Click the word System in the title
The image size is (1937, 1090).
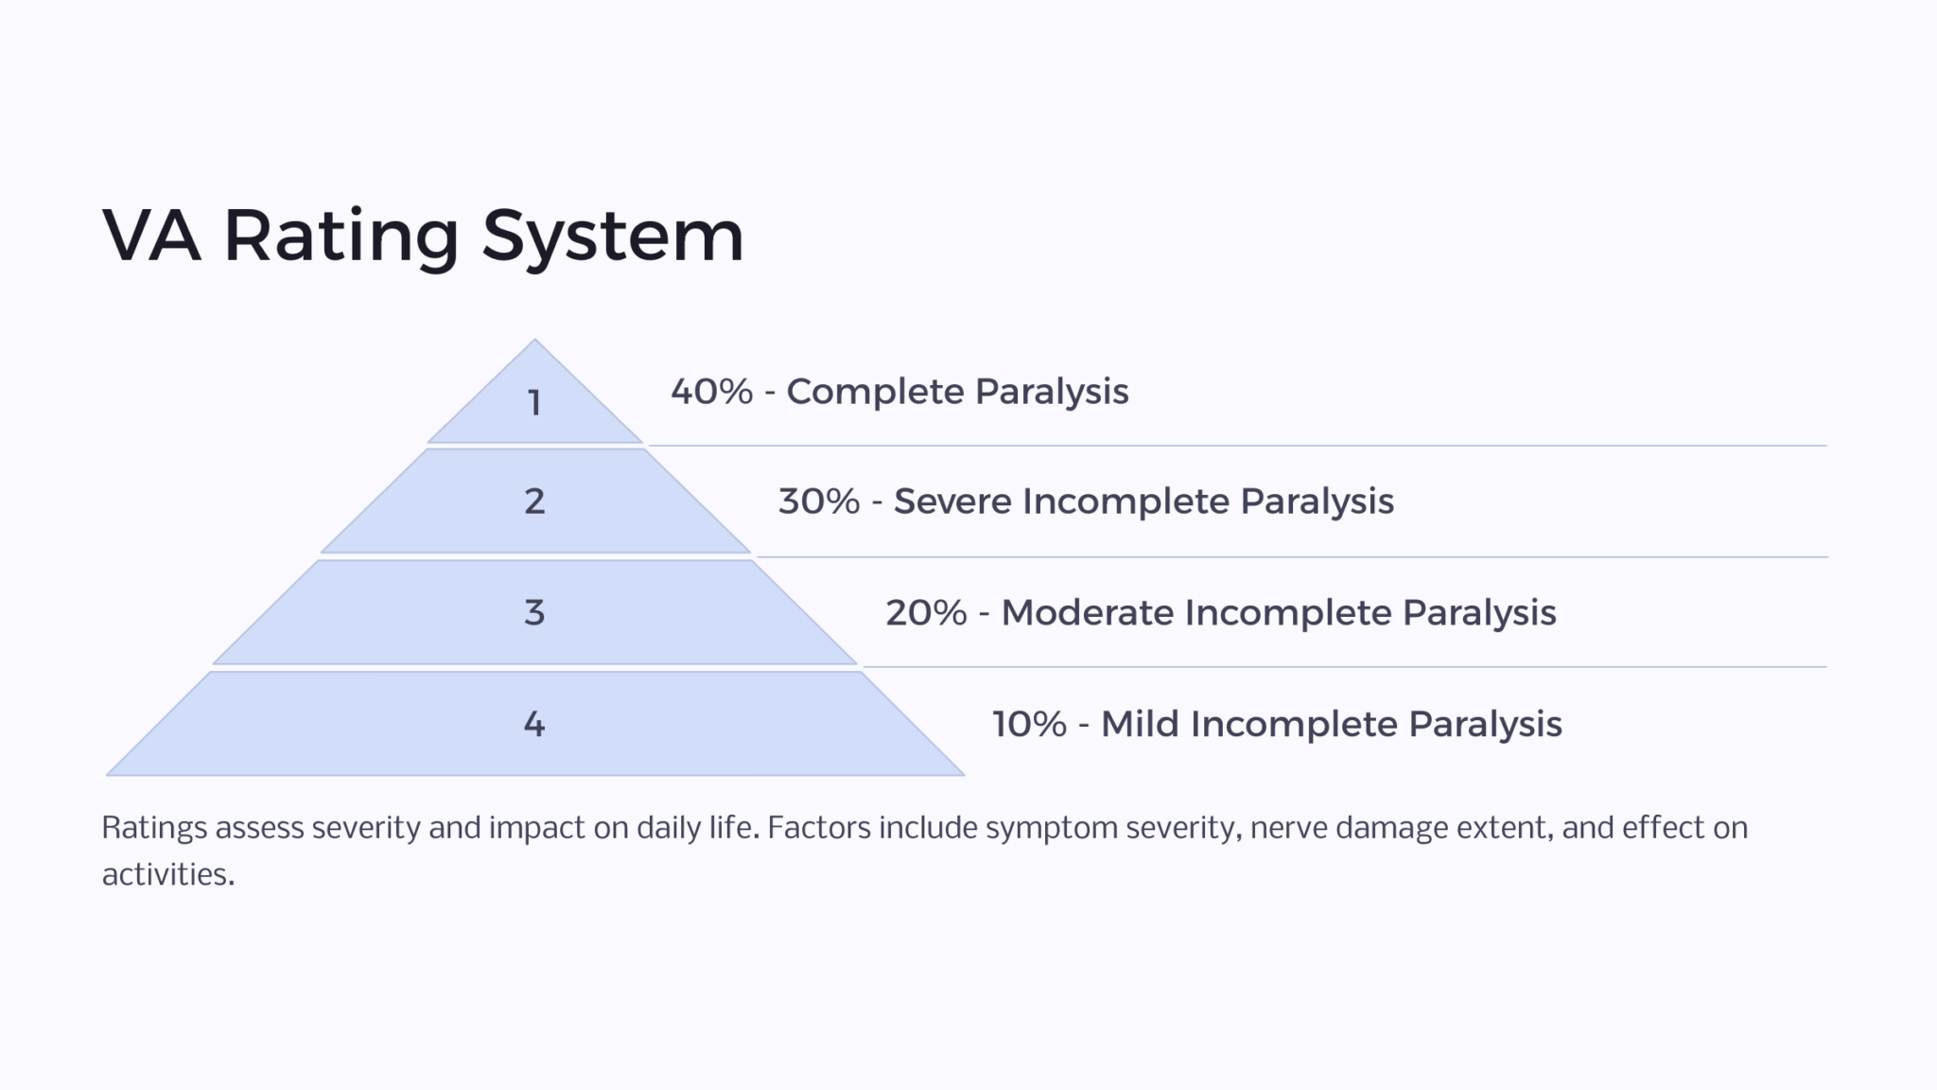[x=613, y=237]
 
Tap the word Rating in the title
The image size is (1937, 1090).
[x=341, y=237]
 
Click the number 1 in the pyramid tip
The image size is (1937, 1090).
[x=534, y=403]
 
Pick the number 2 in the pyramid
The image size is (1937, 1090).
[x=534, y=501]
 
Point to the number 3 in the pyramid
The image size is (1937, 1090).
[x=534, y=613]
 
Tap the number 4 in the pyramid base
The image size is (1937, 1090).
[x=534, y=725]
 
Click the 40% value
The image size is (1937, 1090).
[x=711, y=392]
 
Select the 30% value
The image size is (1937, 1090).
[x=819, y=501]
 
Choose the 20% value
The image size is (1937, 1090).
[x=926, y=613]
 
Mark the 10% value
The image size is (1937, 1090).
[x=1029, y=725]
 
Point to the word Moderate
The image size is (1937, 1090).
[x=1087, y=613]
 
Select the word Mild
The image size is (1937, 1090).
[x=1140, y=725]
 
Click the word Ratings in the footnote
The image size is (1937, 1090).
[x=154, y=829]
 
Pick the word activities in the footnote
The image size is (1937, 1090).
[x=166, y=874]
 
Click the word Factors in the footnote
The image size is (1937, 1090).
[x=818, y=829]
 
